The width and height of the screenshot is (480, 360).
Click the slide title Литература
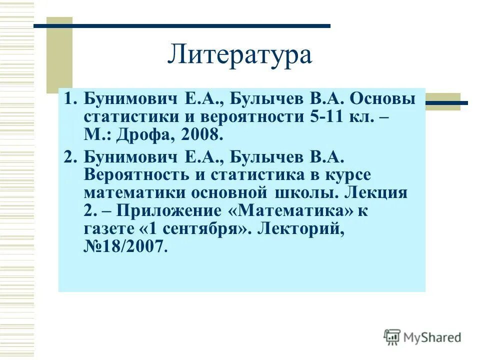point(239,54)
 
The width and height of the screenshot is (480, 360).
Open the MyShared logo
point(422,337)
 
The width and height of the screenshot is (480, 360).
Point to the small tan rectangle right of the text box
point(442,101)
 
